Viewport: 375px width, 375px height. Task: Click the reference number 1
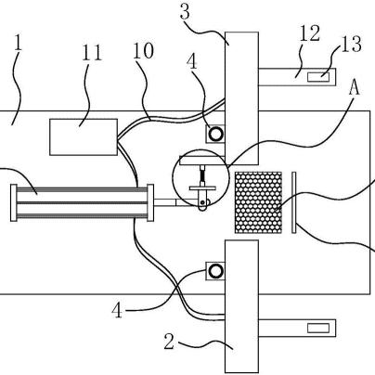coord(19,44)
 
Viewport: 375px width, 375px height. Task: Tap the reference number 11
coord(92,53)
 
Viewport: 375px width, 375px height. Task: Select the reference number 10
coord(143,51)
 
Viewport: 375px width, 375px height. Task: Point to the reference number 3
coord(185,12)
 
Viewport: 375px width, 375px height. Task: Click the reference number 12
coord(310,33)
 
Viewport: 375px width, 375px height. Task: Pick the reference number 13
coord(351,44)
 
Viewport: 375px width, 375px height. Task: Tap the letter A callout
coord(355,88)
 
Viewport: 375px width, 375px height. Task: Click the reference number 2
coord(169,342)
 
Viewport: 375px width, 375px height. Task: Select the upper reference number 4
coord(192,62)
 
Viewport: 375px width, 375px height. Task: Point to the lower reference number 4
coord(117,311)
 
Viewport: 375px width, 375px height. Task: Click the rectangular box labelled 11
coord(84,137)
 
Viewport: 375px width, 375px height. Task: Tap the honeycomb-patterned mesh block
coord(258,202)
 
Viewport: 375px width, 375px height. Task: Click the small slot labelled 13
coord(318,76)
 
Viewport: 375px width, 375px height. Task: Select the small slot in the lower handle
coord(318,328)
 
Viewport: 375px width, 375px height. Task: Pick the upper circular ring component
coord(215,134)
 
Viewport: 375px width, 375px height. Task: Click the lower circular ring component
coord(215,271)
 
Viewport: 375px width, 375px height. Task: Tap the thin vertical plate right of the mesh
coord(294,202)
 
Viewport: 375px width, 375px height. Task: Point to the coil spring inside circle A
coord(202,175)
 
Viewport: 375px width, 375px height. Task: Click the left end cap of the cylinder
coord(14,202)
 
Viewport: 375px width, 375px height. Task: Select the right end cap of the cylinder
coord(150,202)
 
